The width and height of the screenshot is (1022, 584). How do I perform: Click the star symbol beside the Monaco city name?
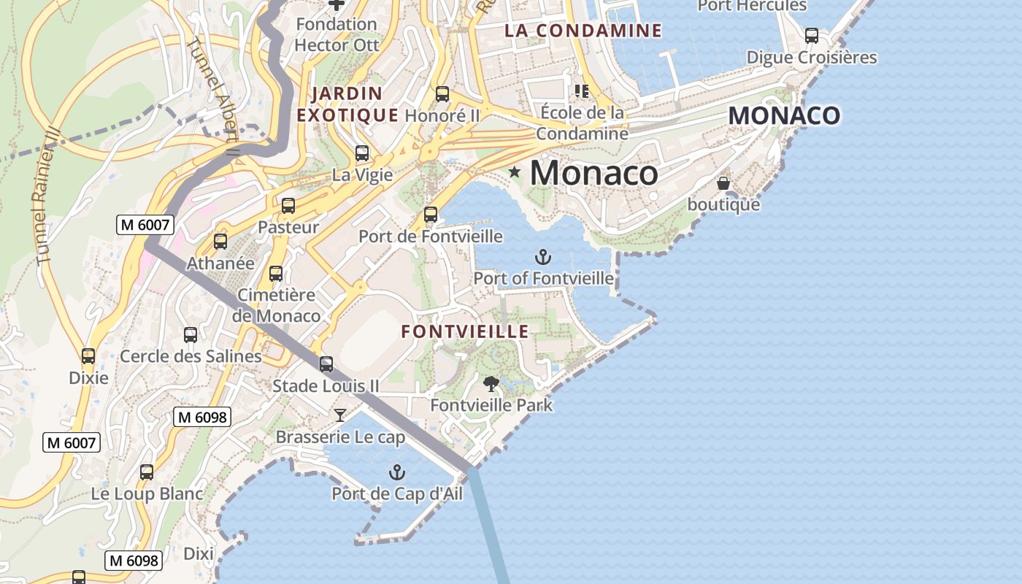(515, 172)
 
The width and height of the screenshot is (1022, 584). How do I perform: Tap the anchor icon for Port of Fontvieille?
(542, 257)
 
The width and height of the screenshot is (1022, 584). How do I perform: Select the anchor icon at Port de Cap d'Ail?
(396, 472)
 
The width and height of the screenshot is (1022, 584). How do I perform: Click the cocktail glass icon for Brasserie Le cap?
(340, 415)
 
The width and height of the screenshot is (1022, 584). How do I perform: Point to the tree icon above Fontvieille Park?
(491, 383)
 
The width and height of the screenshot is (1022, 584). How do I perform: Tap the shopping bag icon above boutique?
(723, 183)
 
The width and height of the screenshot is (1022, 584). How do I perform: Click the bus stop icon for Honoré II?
(442, 94)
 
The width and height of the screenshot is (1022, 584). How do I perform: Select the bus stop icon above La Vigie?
(362, 153)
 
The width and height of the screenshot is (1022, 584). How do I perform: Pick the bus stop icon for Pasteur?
(288, 206)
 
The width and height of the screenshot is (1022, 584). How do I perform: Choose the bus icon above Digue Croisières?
(811, 36)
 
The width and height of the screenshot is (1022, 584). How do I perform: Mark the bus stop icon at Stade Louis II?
(326, 364)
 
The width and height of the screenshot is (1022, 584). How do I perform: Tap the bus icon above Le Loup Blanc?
(147, 472)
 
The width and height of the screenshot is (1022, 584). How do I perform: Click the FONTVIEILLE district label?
(465, 331)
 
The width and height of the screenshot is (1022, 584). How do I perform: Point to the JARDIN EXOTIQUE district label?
(347, 104)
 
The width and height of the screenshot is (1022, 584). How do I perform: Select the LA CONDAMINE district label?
(583, 31)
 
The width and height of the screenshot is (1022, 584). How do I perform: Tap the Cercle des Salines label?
(191, 356)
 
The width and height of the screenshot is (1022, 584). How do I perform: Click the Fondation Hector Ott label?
(337, 34)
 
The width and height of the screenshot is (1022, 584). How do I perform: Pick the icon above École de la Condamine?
(582, 91)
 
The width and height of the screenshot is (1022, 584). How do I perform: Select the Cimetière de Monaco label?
(277, 305)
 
